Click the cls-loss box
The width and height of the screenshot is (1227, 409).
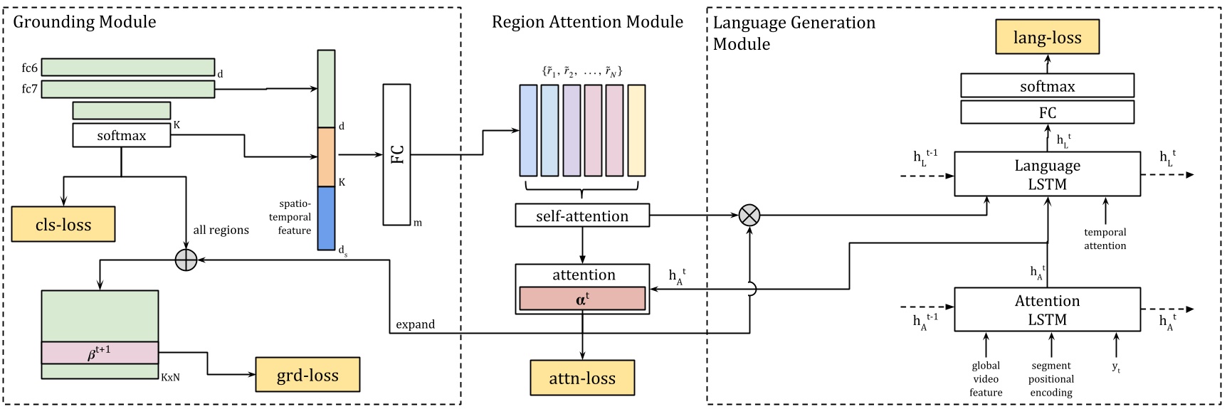pyautogui.click(x=63, y=225)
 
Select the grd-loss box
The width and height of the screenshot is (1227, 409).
pyautogui.click(x=307, y=375)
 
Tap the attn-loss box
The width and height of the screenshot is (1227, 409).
pyautogui.click(x=582, y=378)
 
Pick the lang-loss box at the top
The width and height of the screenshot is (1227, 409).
pyautogui.click(x=1047, y=38)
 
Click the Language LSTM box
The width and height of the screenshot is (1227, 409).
pyautogui.click(x=1047, y=174)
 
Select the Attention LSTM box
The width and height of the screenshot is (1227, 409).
pyautogui.click(x=1047, y=309)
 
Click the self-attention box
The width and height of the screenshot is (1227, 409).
pyautogui.click(x=582, y=216)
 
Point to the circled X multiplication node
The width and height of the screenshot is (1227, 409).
pyautogui.click(x=749, y=215)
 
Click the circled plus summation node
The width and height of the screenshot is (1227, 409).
pyautogui.click(x=186, y=260)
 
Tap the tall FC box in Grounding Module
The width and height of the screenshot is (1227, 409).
pyautogui.click(x=397, y=154)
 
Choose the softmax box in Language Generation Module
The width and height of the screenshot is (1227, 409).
pyautogui.click(x=1047, y=87)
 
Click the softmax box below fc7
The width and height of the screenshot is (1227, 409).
pyautogui.click(x=122, y=135)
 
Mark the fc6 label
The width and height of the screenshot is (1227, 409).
pyautogui.click(x=29, y=68)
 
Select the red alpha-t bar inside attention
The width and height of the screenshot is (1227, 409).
pyautogui.click(x=582, y=299)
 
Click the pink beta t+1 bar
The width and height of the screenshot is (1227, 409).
pyautogui.click(x=100, y=353)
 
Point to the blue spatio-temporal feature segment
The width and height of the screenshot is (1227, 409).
pyautogui.click(x=326, y=218)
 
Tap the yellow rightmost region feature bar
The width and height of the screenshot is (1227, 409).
pyautogui.click(x=636, y=130)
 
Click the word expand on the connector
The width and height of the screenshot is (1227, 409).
pyautogui.click(x=415, y=324)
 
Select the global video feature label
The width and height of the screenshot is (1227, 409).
pyautogui.click(x=986, y=379)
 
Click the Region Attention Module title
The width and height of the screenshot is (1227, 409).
pyautogui.click(x=587, y=22)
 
